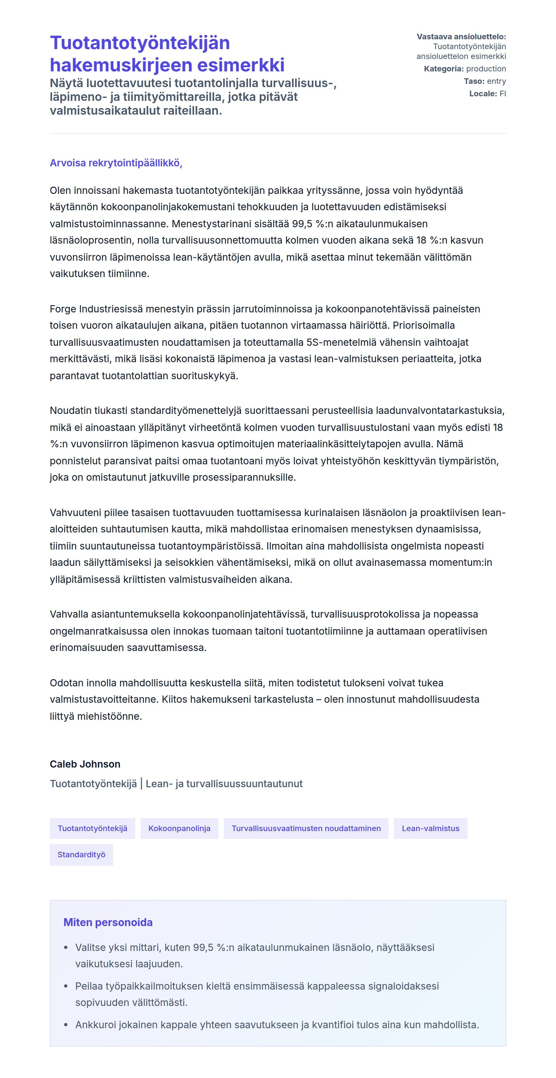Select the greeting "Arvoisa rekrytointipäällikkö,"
point(116,163)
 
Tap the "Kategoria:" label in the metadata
point(443,69)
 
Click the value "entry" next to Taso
point(496,81)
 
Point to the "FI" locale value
point(502,94)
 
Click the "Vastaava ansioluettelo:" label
point(461,37)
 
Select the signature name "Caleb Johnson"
point(85,764)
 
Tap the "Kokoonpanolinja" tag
point(179,828)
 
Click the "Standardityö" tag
point(81,855)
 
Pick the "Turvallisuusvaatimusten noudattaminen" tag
point(306,828)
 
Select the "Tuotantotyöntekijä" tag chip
point(92,828)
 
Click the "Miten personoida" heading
point(108,922)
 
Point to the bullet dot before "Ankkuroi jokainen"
point(66,1025)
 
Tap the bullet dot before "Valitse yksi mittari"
point(66,947)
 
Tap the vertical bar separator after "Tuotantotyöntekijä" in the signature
point(141,784)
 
